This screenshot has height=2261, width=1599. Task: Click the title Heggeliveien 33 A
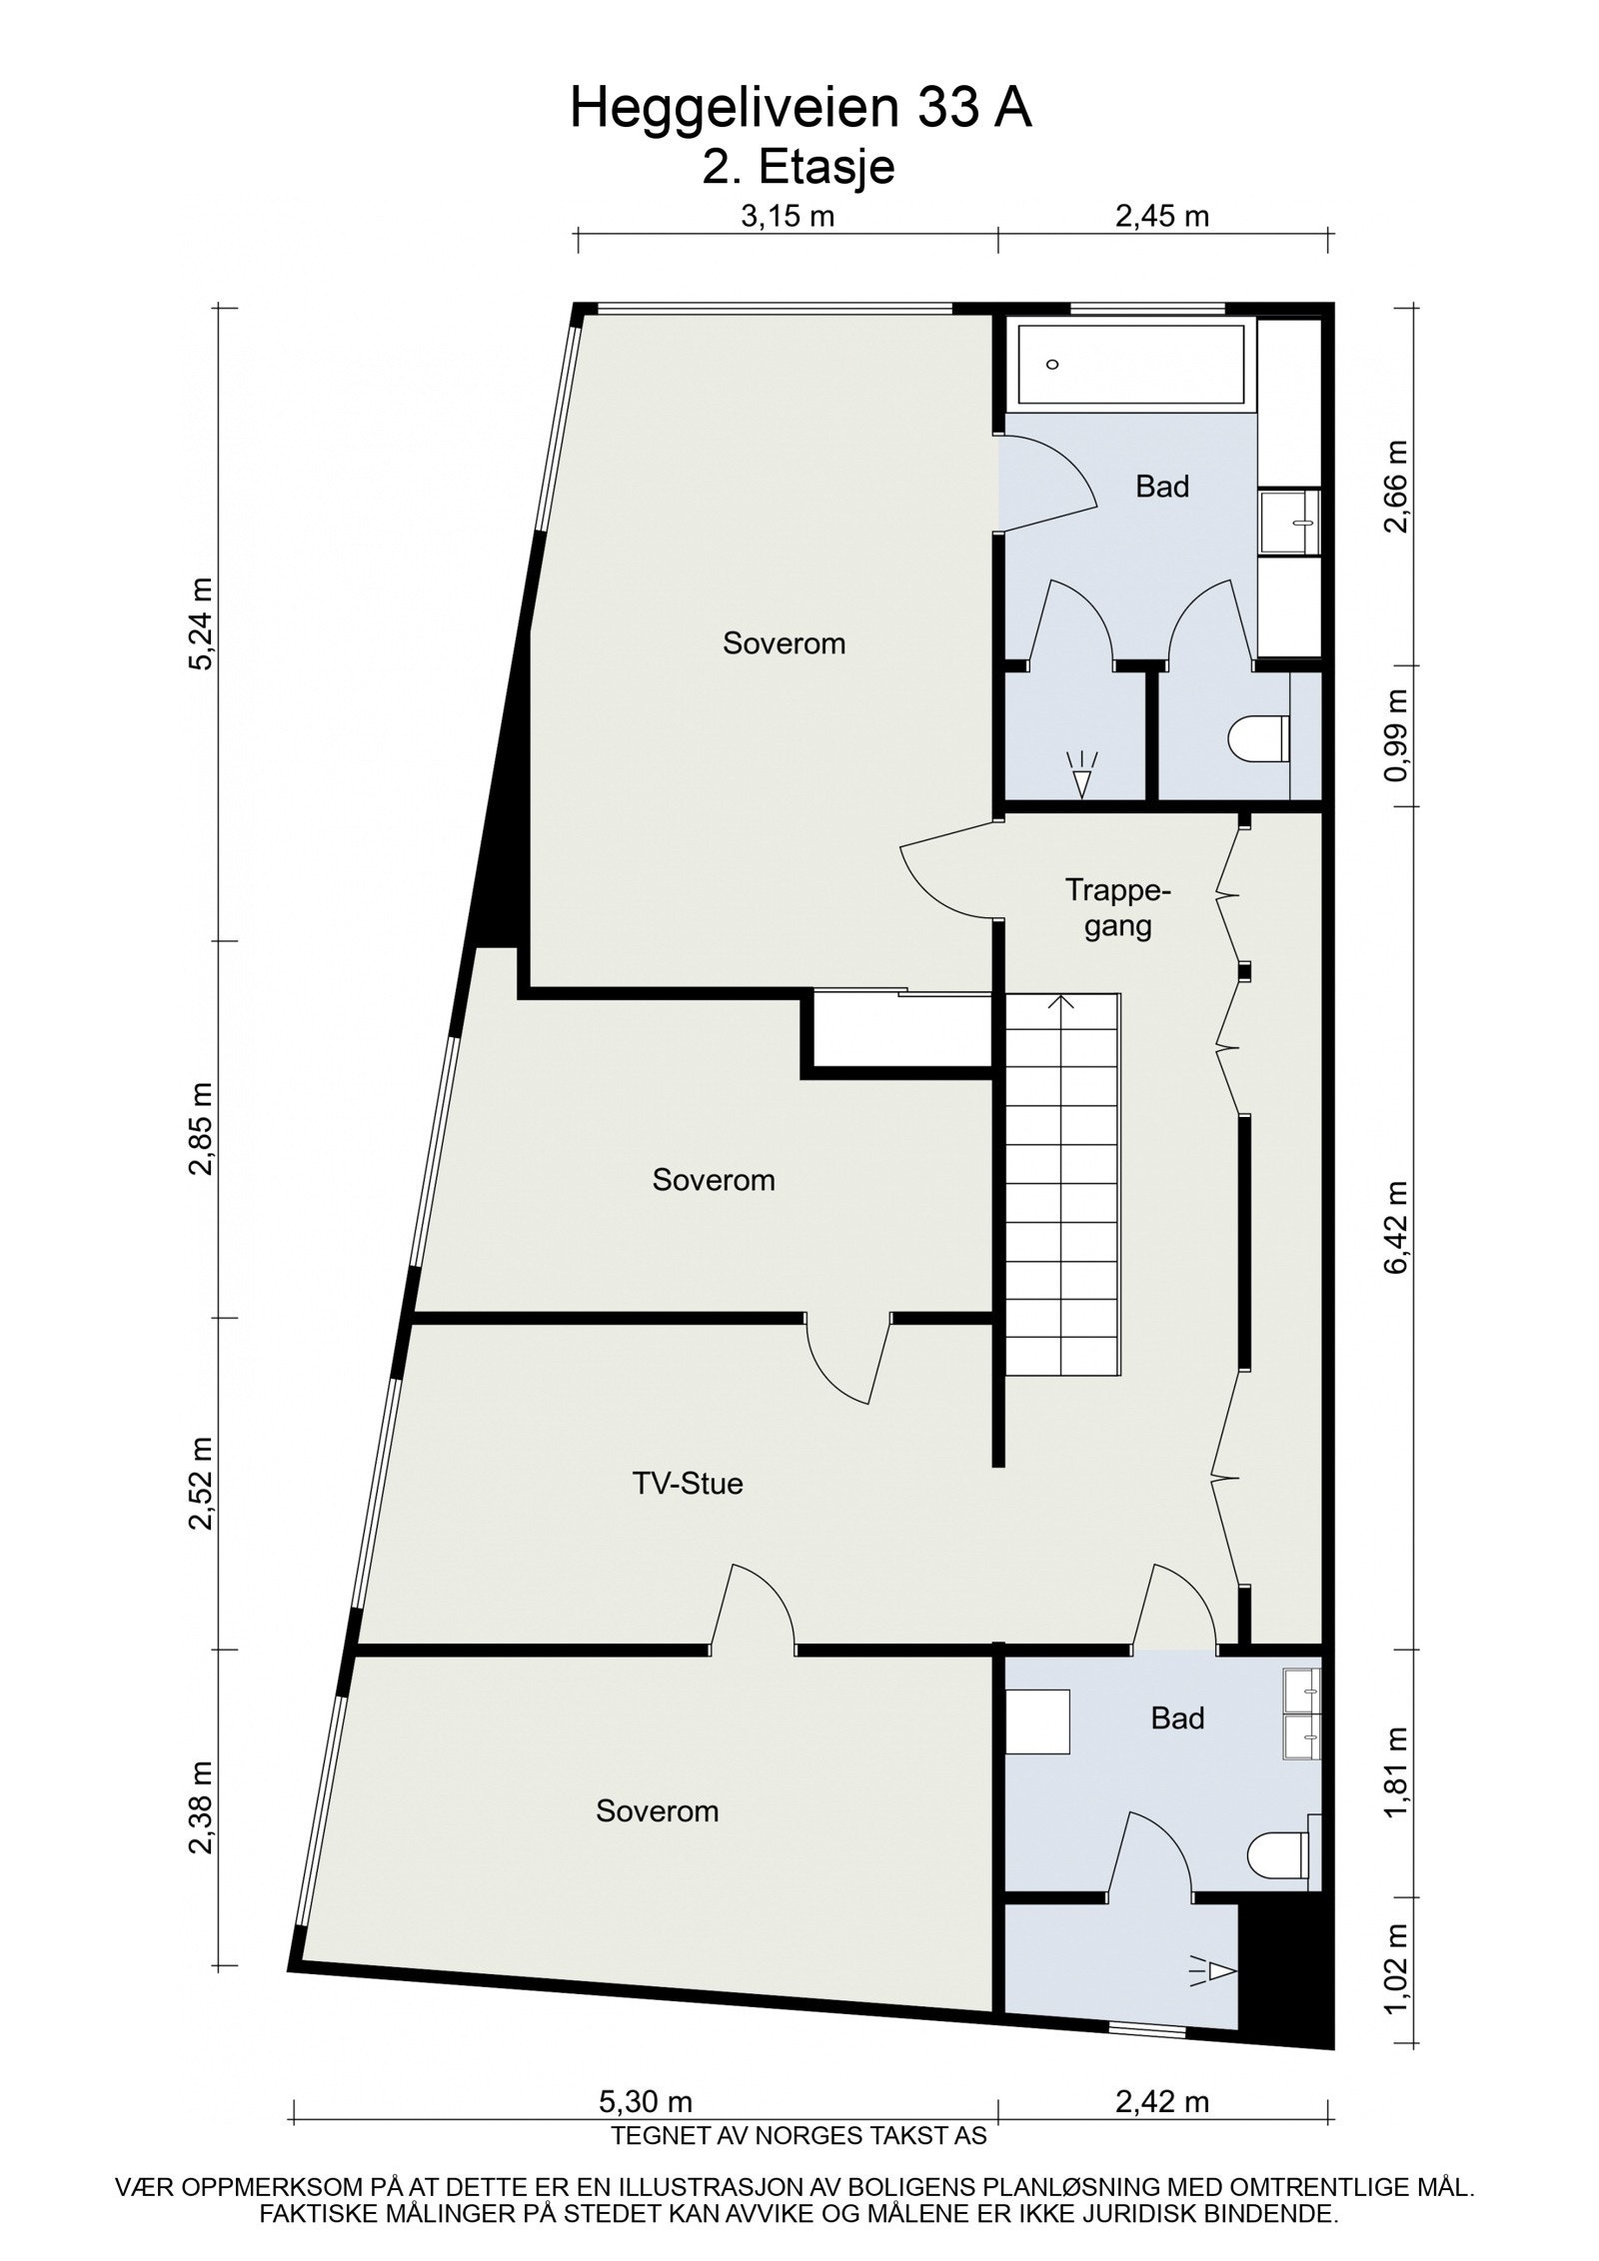pos(799,108)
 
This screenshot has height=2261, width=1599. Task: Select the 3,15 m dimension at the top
pos(788,216)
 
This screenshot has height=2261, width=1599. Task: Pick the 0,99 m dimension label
pos(1396,734)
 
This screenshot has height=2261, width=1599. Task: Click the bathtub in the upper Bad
pos(1129,365)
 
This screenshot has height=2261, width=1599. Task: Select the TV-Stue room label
pos(687,1484)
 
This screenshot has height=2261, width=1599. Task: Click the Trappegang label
pos(1117,907)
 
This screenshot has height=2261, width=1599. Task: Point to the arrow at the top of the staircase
pos(1061,1002)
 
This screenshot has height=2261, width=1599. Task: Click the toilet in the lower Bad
pos(1277,1854)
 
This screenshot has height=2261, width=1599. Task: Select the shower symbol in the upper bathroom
pos(1081,773)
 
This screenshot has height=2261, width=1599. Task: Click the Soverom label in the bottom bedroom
pos(657,1811)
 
